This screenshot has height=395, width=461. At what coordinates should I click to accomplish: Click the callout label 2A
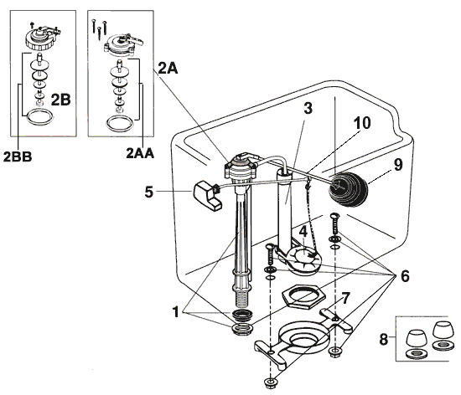click(168, 71)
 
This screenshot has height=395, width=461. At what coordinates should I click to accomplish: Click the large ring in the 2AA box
click(119, 125)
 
